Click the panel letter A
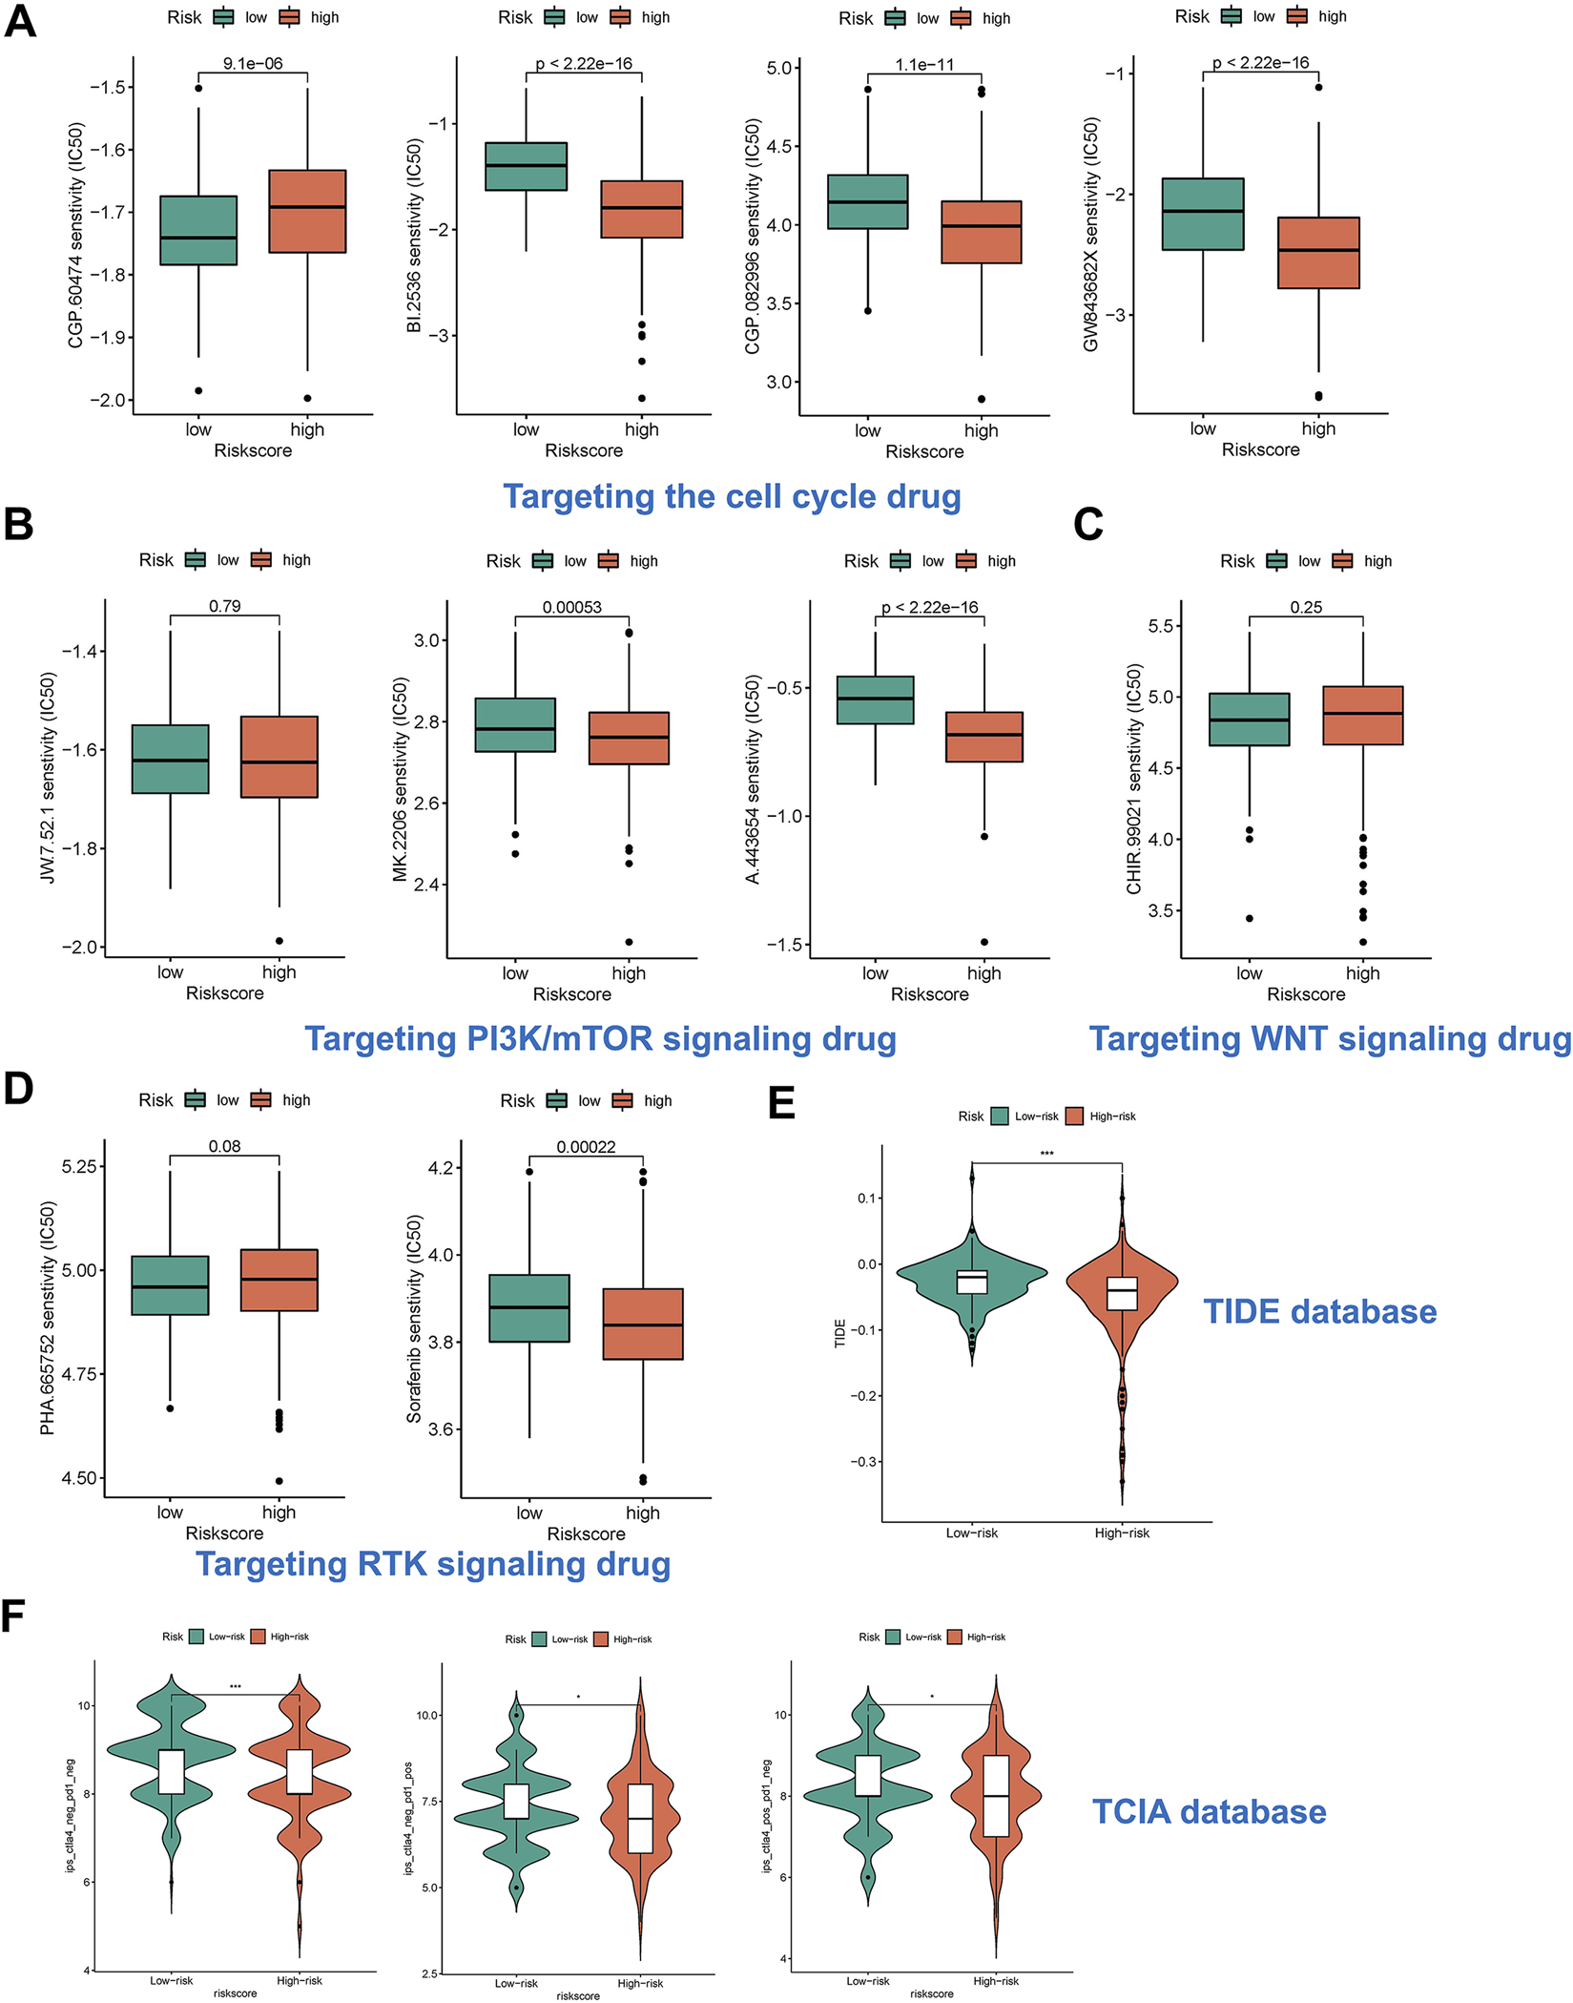tap(20, 20)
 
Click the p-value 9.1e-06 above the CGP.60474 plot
tap(253, 64)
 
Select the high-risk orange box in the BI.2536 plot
tap(641, 209)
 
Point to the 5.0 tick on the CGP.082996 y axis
tap(779, 68)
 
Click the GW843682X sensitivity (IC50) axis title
tap(1091, 234)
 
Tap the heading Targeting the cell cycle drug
tap(732, 496)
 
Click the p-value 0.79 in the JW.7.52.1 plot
tap(224, 607)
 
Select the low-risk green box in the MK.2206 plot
tap(514, 725)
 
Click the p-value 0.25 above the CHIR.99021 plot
tap(1306, 607)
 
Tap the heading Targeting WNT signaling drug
tap(1330, 1038)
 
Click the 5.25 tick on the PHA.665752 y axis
tap(80, 1166)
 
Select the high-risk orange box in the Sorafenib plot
tap(642, 1324)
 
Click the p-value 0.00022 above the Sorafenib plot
tap(586, 1147)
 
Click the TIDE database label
tap(1319, 1311)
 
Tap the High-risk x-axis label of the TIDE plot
tap(1122, 1534)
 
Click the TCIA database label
tap(1209, 1812)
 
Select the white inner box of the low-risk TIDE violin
tap(971, 1282)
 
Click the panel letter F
tap(13, 1617)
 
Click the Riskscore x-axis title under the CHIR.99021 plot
tap(1306, 994)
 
